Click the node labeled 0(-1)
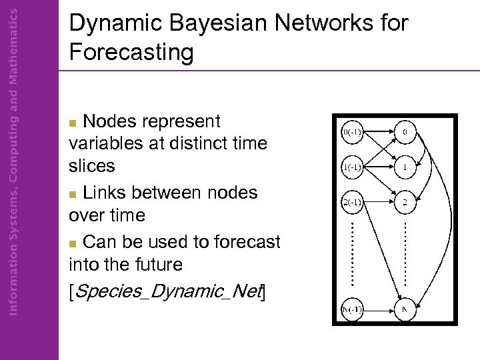[351, 131]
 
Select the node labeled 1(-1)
[351, 167]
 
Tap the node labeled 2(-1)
[351, 201]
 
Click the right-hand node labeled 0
[405, 131]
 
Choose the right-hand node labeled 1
[405, 167]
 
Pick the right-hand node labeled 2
[405, 201]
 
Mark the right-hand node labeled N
[405, 309]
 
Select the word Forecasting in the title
[131, 52]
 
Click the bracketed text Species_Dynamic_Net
[167, 291]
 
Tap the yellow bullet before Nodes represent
[75, 123]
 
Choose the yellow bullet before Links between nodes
[75, 195]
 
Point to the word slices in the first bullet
[92, 166]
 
